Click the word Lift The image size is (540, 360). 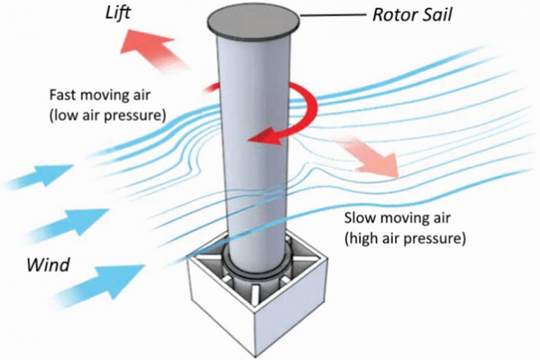click(x=118, y=13)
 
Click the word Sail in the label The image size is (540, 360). click(x=437, y=15)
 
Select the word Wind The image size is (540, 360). click(x=48, y=265)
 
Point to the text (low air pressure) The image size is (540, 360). click(x=108, y=116)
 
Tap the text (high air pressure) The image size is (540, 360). click(x=405, y=238)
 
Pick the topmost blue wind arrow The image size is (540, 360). click(x=39, y=176)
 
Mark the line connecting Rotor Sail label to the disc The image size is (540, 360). click(x=333, y=15)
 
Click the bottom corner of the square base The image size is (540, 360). click(x=256, y=356)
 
